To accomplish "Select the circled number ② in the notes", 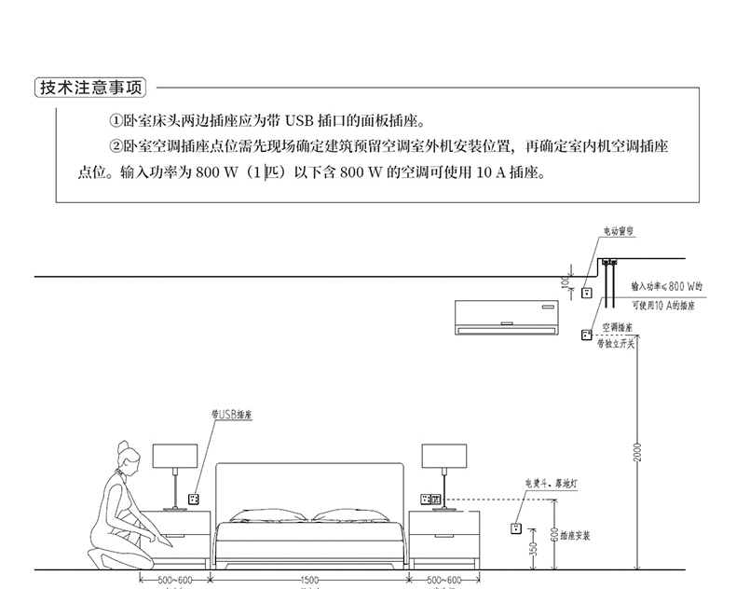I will point(116,147).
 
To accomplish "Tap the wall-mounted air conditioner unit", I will point(504,316).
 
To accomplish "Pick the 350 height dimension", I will point(533,550).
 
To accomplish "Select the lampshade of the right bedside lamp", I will point(443,456).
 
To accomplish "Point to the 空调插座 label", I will point(617,328).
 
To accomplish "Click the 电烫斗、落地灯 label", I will point(551,486).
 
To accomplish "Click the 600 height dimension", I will point(553,534).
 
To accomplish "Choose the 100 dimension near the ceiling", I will point(564,281).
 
